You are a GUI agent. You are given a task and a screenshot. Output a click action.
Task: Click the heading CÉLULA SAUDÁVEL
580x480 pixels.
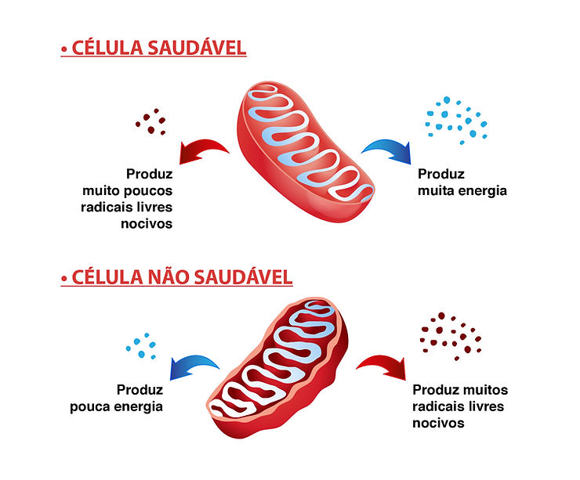click(x=158, y=48)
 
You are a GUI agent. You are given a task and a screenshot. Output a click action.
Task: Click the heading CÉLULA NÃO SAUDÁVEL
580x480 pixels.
click(x=181, y=277)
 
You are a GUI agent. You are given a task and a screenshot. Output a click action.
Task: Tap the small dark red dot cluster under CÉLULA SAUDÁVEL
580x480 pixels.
click(x=150, y=121)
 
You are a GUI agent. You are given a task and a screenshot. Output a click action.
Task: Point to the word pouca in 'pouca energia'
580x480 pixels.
click(x=114, y=406)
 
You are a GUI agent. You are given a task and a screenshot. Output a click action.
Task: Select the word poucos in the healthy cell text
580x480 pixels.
click(x=148, y=190)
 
